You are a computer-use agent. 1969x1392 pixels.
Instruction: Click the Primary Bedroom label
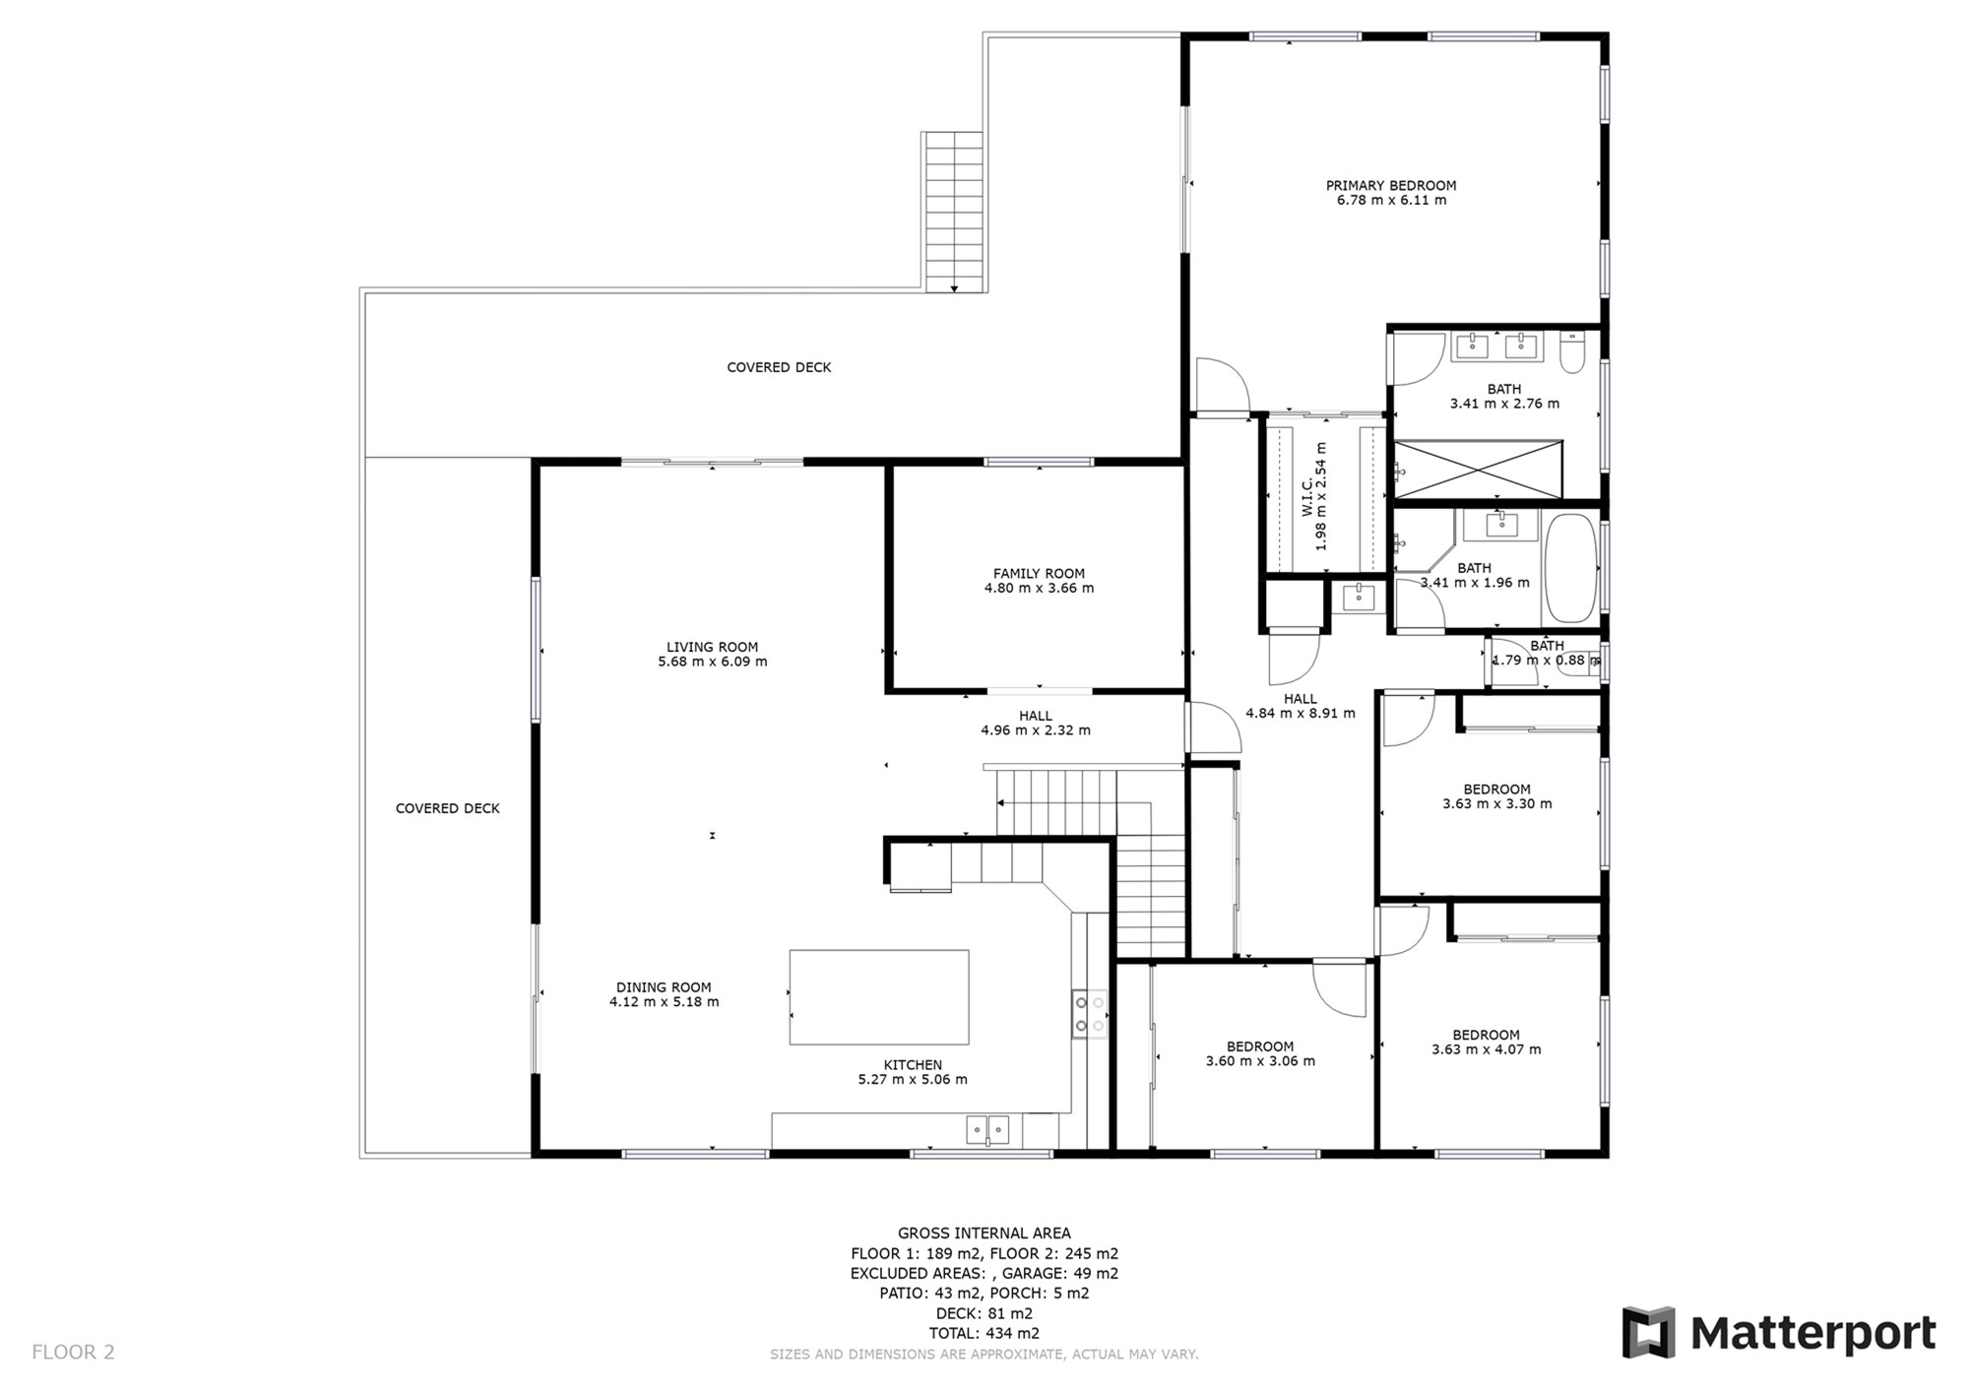point(1390,185)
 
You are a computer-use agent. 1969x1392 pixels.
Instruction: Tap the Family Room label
point(1039,573)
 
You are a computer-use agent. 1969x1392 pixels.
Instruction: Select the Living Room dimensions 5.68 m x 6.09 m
point(713,662)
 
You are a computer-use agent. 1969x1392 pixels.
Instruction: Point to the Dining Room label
point(664,987)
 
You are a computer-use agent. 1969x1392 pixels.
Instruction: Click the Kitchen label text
point(913,1064)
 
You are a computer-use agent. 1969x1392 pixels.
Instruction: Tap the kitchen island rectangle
point(879,996)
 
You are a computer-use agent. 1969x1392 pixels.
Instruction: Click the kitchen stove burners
point(1090,1014)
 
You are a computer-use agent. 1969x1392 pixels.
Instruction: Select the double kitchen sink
point(987,1128)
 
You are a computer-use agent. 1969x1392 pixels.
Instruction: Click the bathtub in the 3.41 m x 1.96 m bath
point(1570,568)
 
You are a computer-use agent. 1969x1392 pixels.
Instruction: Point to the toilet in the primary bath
point(1572,352)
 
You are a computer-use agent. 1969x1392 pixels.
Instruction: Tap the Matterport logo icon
point(1649,1333)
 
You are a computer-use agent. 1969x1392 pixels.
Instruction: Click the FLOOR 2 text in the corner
point(73,1352)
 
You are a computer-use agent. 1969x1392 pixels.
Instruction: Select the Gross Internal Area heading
point(984,1233)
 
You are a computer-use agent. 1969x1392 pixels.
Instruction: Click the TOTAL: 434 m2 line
point(984,1333)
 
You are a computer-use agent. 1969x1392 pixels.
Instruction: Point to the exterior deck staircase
point(954,212)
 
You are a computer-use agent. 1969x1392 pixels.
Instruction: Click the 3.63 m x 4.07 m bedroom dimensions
point(1487,1049)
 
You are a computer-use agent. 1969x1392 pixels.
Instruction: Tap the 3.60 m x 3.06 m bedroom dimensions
point(1260,1061)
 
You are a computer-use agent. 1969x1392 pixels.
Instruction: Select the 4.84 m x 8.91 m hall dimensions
point(1301,713)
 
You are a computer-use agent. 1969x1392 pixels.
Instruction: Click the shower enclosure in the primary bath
point(1478,470)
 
